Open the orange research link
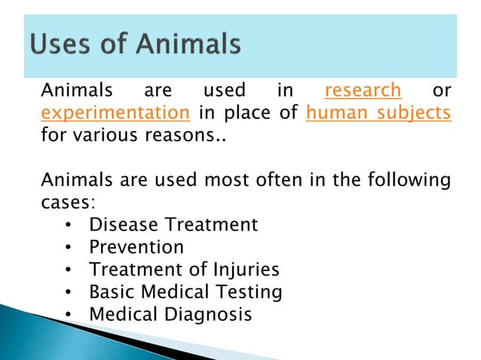point(362,91)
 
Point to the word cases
point(68,203)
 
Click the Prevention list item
point(136,247)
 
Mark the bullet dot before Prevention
point(69,248)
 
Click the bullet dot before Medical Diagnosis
point(69,314)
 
